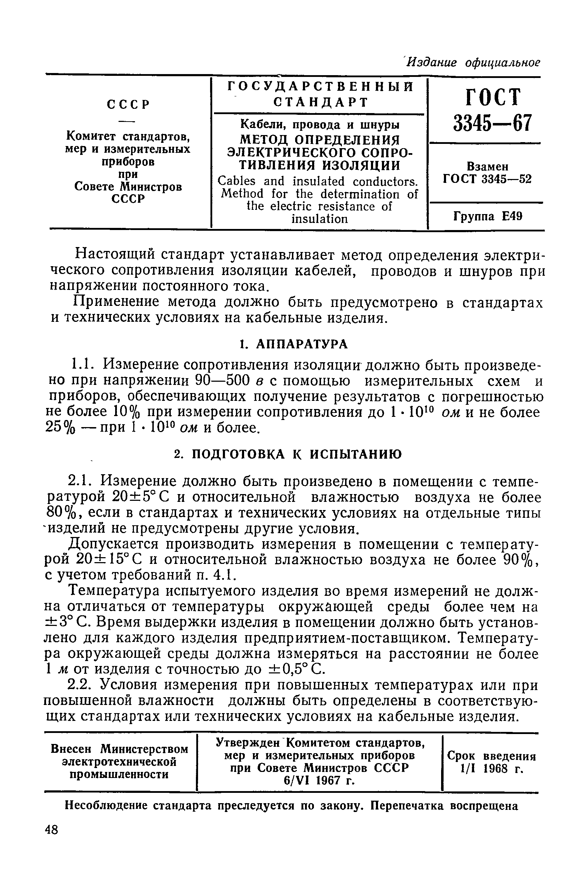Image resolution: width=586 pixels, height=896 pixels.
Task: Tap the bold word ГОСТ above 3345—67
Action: pos(493,97)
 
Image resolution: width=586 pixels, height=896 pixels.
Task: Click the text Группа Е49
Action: pos(488,217)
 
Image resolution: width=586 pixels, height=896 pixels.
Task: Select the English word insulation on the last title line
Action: pos(320,219)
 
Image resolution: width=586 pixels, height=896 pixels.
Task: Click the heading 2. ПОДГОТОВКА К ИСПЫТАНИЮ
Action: pos(289,454)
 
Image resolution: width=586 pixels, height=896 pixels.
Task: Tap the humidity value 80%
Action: pos(61,514)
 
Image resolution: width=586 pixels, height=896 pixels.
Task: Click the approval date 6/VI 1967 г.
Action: pos(320,781)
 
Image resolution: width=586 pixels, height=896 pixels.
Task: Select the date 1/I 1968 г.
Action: pos(492,768)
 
